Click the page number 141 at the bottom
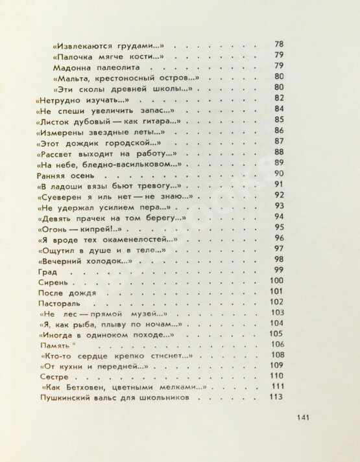[305, 417]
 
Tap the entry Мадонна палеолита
[99, 67]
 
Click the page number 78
[279, 44]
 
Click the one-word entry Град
[42, 271]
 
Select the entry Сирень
[48, 283]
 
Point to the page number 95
[280, 227]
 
